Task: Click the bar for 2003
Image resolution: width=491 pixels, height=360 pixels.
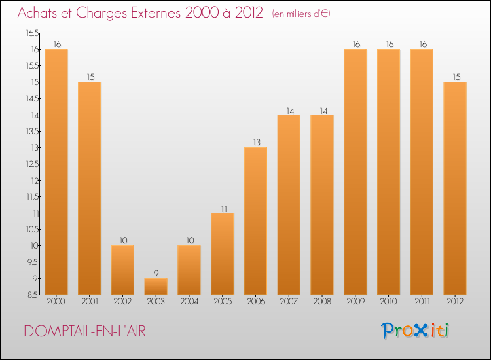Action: pos(156,287)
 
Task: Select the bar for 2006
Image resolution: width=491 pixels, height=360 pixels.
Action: pos(255,221)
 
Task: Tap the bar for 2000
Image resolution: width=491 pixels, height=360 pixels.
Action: pos(56,172)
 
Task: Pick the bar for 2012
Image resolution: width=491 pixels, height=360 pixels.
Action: pos(455,189)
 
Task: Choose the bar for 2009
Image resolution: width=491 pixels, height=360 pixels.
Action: pos(355,172)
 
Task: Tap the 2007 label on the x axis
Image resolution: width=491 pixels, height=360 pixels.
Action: pos(289,302)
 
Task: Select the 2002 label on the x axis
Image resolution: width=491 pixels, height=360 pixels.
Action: pos(122,302)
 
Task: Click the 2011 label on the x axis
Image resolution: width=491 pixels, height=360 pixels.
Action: pos(422,302)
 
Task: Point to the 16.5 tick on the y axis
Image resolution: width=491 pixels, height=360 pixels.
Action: pos(33,33)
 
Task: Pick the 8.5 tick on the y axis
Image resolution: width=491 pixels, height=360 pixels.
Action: pos(33,295)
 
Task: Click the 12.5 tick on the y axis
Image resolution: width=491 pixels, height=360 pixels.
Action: pos(33,164)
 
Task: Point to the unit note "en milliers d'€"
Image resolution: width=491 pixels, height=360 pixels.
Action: pos(302,14)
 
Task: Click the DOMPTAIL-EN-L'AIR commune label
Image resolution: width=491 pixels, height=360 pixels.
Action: pos(85,331)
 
